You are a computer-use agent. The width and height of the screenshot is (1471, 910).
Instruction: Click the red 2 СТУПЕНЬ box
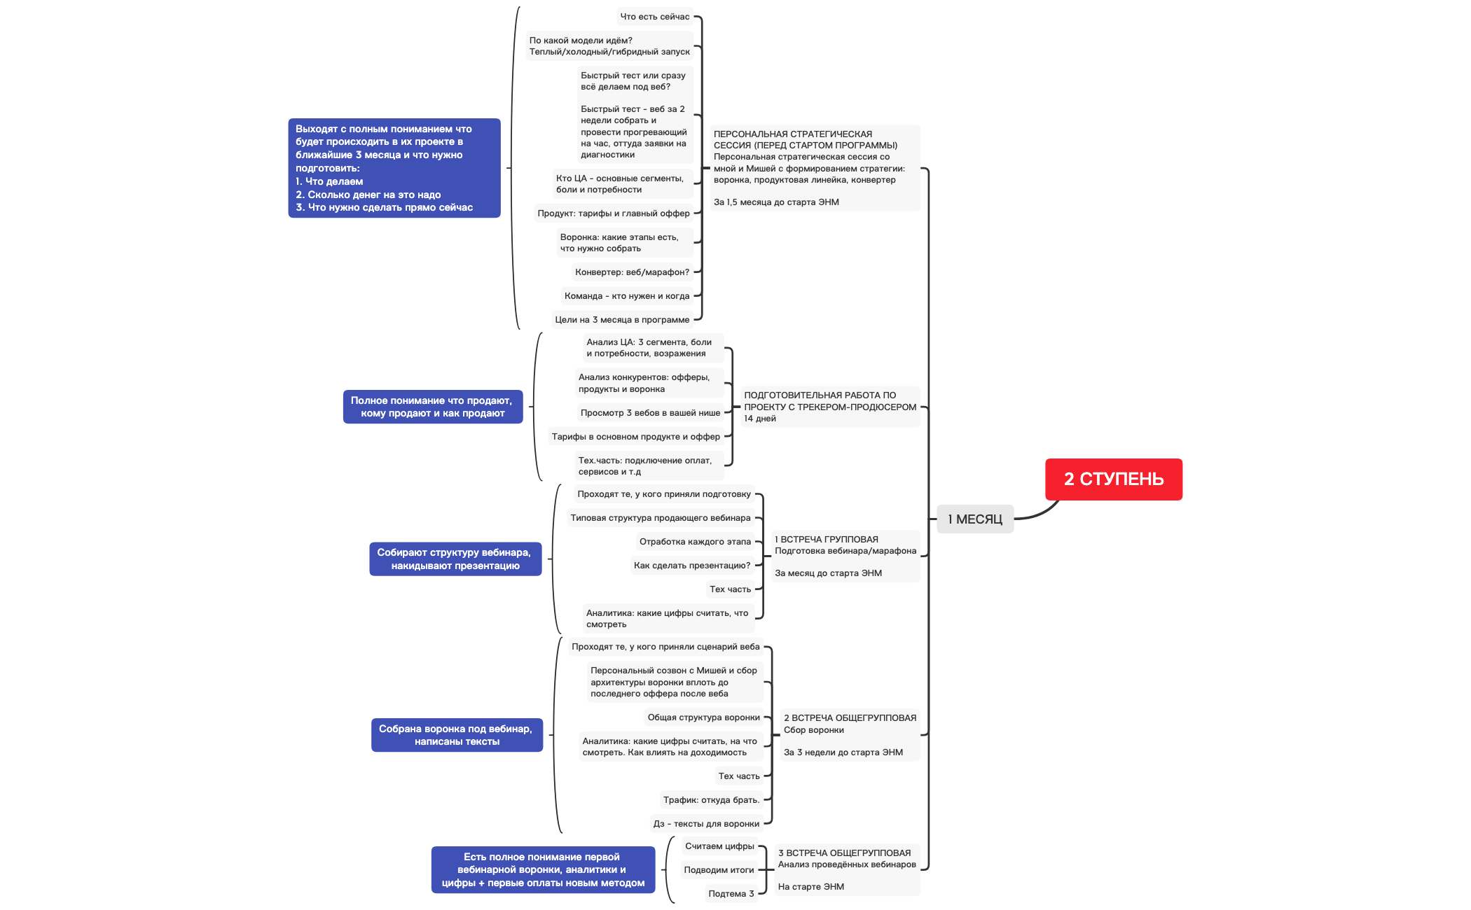point(1113,479)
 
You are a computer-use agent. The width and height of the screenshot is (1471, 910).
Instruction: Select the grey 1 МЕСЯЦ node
point(974,519)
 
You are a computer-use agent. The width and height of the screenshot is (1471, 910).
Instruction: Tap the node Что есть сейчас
point(654,17)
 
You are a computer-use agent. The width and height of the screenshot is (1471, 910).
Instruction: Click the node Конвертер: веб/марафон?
point(632,272)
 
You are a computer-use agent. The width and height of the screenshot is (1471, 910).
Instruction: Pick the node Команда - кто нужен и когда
point(626,296)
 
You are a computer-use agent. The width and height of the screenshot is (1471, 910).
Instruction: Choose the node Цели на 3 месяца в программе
point(622,320)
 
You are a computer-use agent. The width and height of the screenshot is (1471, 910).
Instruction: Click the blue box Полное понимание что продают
point(432,407)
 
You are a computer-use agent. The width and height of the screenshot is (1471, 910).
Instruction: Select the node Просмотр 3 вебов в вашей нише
point(649,413)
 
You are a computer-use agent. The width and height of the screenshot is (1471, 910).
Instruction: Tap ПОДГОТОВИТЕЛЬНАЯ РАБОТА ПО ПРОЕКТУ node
point(829,407)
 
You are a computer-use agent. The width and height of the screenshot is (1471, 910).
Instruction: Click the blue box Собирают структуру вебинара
point(455,559)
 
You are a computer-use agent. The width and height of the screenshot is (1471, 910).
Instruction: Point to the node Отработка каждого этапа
point(694,542)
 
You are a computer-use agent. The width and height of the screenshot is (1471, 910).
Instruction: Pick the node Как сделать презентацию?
point(691,566)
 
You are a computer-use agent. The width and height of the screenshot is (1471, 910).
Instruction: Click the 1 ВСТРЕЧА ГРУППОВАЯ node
point(845,556)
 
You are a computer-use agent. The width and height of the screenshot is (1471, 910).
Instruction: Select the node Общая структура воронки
point(703,717)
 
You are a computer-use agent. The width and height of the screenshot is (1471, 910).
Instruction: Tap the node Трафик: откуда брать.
point(711,800)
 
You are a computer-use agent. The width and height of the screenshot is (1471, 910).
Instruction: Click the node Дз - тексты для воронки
point(705,824)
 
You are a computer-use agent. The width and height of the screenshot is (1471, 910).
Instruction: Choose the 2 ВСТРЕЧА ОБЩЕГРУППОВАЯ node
point(849,735)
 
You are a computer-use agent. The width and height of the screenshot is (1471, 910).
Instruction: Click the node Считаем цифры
point(719,846)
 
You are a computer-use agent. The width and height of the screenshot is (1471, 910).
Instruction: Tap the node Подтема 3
point(731,894)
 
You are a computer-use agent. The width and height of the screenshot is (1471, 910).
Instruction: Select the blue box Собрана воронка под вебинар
point(456,735)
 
